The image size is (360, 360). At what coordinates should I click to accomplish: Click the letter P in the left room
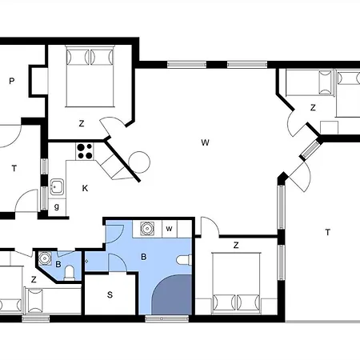coord(11,81)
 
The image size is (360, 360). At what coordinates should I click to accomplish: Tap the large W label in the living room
coord(205,142)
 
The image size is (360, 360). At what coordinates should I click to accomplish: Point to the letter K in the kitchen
coord(85,188)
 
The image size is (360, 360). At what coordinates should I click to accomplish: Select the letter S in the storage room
coord(110,294)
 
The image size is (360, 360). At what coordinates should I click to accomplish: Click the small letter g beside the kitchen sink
coord(57,206)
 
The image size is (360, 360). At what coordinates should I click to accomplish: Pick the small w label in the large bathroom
coord(169,229)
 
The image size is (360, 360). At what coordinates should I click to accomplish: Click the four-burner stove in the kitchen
coord(85,151)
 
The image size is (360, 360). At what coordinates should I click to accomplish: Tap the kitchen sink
coord(57,186)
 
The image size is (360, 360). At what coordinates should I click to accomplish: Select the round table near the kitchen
coord(139,162)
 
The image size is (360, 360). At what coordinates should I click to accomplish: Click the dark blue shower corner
coord(172,295)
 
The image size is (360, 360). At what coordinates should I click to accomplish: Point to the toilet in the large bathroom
coord(184,260)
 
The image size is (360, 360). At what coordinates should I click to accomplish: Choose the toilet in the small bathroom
coord(70,273)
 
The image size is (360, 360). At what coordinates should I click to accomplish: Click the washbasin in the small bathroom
coord(44,258)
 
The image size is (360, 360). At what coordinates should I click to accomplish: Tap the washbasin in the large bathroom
coord(147,229)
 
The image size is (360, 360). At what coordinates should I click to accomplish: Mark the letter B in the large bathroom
coord(143,257)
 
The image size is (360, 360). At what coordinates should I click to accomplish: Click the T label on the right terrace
coord(327,233)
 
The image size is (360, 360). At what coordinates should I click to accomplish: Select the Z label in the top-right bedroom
coord(313,108)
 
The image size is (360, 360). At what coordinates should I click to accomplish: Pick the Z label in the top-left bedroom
coord(82,123)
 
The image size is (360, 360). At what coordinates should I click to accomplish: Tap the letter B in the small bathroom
coord(58,264)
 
